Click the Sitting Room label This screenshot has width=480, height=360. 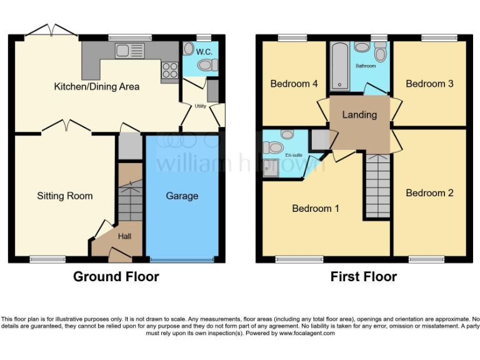(64, 196)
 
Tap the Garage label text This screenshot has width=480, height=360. (182, 196)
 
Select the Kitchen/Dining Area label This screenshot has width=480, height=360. (97, 86)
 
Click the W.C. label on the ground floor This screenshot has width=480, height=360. (204, 51)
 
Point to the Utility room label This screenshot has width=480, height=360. (200, 106)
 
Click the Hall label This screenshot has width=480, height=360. (125, 237)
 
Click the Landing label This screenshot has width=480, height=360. (359, 114)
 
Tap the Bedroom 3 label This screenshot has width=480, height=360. (429, 84)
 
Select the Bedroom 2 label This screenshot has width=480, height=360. (429, 192)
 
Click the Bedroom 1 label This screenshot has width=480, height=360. (316, 208)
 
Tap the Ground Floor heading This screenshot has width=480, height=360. (116, 276)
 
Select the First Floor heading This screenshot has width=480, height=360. (363, 276)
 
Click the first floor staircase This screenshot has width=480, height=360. (377, 178)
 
